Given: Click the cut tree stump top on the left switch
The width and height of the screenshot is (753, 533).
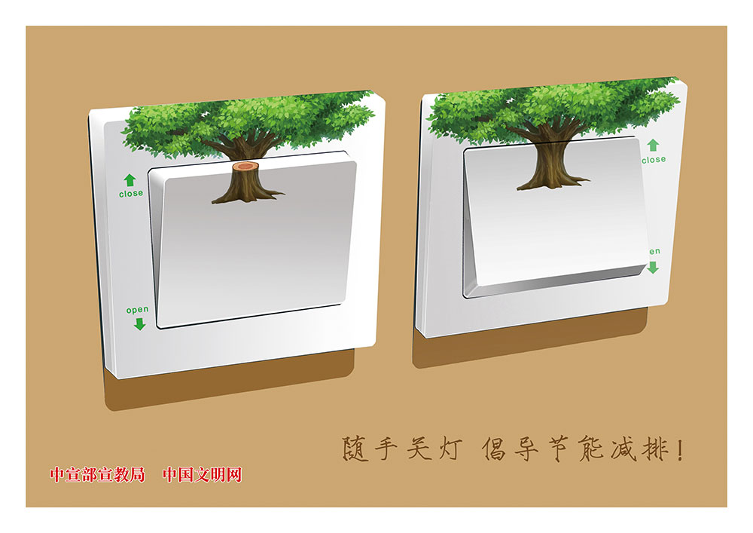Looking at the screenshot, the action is [246, 167].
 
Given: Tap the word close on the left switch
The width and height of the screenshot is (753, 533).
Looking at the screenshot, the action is [131, 193].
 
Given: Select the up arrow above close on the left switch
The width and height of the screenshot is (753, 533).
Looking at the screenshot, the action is [130, 180].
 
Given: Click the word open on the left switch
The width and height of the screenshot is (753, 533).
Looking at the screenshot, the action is [137, 310].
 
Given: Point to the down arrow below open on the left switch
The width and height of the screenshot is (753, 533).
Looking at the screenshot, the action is [140, 324].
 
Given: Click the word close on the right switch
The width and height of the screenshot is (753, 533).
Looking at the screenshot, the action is [654, 160].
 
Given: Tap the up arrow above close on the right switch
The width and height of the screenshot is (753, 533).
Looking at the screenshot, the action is [653, 146].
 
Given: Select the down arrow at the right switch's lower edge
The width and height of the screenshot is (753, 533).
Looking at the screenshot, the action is [653, 267].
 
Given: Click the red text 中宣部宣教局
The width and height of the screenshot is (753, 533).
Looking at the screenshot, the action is [97, 475].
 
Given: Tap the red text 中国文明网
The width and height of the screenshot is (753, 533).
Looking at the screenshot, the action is [202, 475].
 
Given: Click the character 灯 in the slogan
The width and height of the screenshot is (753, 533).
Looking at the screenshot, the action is [451, 449].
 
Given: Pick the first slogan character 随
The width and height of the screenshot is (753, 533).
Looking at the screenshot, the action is [355, 449].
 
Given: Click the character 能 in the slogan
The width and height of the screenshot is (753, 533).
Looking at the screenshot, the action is [591, 449].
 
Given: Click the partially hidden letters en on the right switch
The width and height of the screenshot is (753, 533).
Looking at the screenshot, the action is [655, 251].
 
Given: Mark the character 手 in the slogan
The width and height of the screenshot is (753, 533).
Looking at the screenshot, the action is [386, 449].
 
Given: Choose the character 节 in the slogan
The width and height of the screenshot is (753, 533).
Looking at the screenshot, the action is [559, 449].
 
